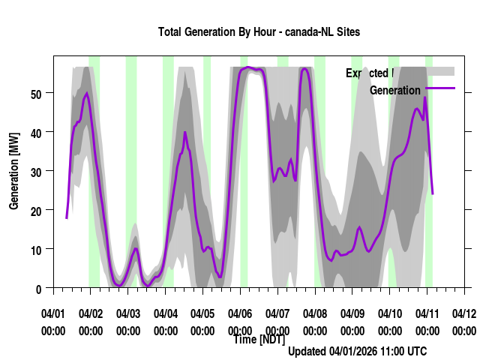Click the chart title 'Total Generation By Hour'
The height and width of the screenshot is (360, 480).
[x=259, y=31]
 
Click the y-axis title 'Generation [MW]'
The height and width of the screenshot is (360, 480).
[x=14, y=172]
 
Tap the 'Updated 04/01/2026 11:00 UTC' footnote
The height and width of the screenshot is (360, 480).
[x=358, y=351]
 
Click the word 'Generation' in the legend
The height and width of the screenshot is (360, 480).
[x=395, y=90]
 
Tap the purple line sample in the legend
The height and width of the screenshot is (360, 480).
[x=439, y=88]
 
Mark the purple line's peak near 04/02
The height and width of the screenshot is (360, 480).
[x=87, y=93]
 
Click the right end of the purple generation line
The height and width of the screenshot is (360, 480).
[x=433, y=193]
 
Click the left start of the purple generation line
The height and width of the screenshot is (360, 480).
[x=67, y=217]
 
